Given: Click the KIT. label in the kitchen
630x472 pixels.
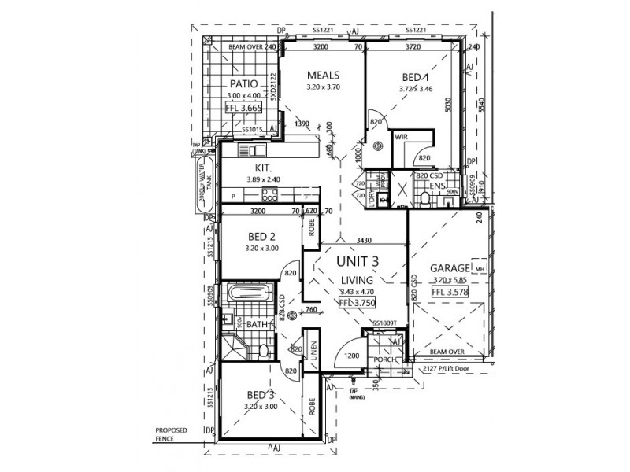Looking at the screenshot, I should (263, 168).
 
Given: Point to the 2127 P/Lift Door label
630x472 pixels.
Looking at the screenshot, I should (446, 367).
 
